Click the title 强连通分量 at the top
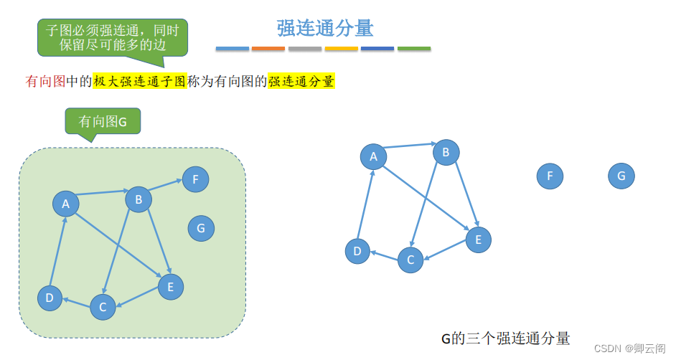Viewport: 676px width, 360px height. click(x=325, y=28)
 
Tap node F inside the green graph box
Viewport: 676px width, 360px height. click(x=195, y=179)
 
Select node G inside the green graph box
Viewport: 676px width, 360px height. click(x=201, y=229)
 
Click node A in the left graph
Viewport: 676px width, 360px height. click(x=65, y=204)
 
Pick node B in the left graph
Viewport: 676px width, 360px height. click(x=139, y=199)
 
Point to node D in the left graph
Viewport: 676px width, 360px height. click(x=50, y=298)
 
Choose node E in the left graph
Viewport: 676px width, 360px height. click(x=170, y=287)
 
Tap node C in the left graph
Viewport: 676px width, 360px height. click(x=103, y=307)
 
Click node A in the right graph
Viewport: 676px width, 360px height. click(x=372, y=156)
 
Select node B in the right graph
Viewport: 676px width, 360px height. click(x=446, y=152)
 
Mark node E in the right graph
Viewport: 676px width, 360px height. click(x=478, y=240)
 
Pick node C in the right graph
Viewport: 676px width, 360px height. click(x=410, y=260)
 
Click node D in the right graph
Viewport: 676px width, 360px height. click(x=357, y=251)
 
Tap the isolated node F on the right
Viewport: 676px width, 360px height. click(x=550, y=176)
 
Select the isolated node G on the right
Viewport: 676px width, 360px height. click(x=621, y=176)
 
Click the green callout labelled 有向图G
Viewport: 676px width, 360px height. click(x=103, y=121)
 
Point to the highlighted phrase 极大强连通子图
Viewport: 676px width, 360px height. click(x=139, y=82)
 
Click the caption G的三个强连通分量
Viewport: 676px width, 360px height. click(x=505, y=338)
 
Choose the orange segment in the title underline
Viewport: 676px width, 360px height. click(x=268, y=49)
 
